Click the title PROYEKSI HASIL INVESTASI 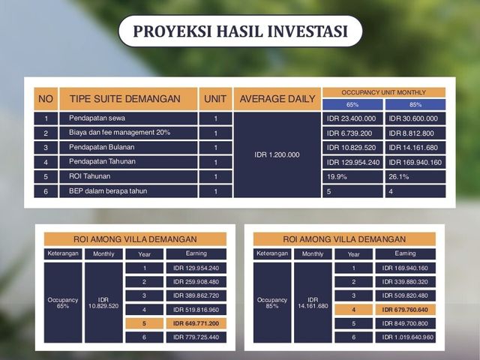pyautogui.click(x=240, y=31)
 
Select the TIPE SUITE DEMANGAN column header pyautogui.click(x=128, y=99)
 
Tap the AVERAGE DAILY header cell pyautogui.click(x=277, y=99)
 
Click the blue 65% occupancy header pyautogui.click(x=352, y=105)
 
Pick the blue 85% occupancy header pyautogui.click(x=415, y=105)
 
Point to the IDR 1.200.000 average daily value pyautogui.click(x=277, y=155)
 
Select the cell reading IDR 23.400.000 pyautogui.click(x=352, y=118)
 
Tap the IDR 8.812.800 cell pyautogui.click(x=415, y=133)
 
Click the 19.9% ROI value pyautogui.click(x=352, y=177)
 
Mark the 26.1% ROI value pyautogui.click(x=415, y=177)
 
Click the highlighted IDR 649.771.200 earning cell pyautogui.click(x=196, y=323)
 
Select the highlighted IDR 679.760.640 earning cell pyautogui.click(x=405, y=310)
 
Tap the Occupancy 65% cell pyautogui.click(x=63, y=302)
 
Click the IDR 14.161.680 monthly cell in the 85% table pyautogui.click(x=313, y=302)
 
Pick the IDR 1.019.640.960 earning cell pyautogui.click(x=405, y=337)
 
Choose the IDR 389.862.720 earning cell pyautogui.click(x=196, y=295)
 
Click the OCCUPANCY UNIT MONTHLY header pyautogui.click(x=384, y=92)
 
